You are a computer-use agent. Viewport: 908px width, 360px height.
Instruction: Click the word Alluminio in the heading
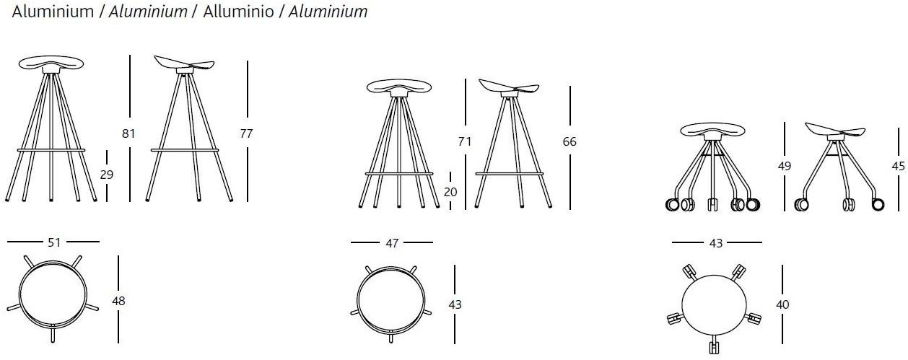(238, 12)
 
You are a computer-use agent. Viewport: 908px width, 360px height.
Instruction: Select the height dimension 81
(128, 133)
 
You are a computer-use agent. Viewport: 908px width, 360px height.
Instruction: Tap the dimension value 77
(246, 133)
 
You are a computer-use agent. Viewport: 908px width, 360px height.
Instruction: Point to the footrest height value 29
(107, 175)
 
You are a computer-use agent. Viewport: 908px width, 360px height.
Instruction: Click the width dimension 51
(54, 242)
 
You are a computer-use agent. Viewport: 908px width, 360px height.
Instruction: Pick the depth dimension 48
(118, 301)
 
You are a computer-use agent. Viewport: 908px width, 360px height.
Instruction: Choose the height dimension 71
(465, 141)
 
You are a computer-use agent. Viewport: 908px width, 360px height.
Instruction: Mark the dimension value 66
(569, 141)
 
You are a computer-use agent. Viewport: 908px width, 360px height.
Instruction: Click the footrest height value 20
(450, 192)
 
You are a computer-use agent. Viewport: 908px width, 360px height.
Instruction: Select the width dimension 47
(392, 243)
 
